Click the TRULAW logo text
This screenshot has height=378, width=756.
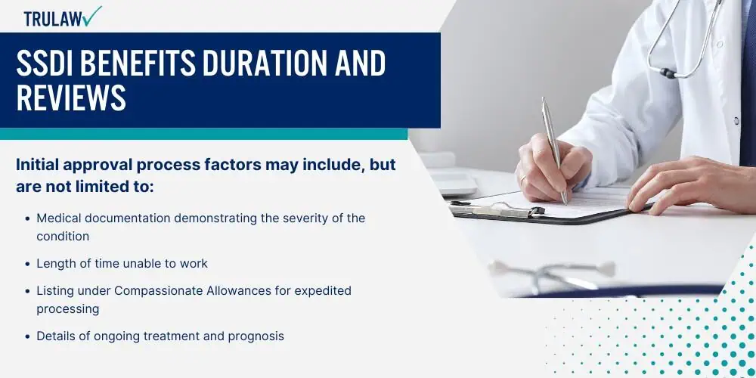[x=53, y=19]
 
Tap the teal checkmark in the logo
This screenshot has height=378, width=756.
[x=91, y=15]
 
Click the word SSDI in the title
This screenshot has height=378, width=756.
[x=45, y=64]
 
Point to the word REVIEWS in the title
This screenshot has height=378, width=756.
[x=71, y=98]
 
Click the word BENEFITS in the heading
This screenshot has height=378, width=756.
[x=138, y=64]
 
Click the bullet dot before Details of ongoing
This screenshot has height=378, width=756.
[x=28, y=336]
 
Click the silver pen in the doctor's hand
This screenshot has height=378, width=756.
[x=554, y=150]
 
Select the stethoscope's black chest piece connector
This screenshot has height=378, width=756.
[x=668, y=73]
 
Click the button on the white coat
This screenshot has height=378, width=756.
[x=736, y=120]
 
